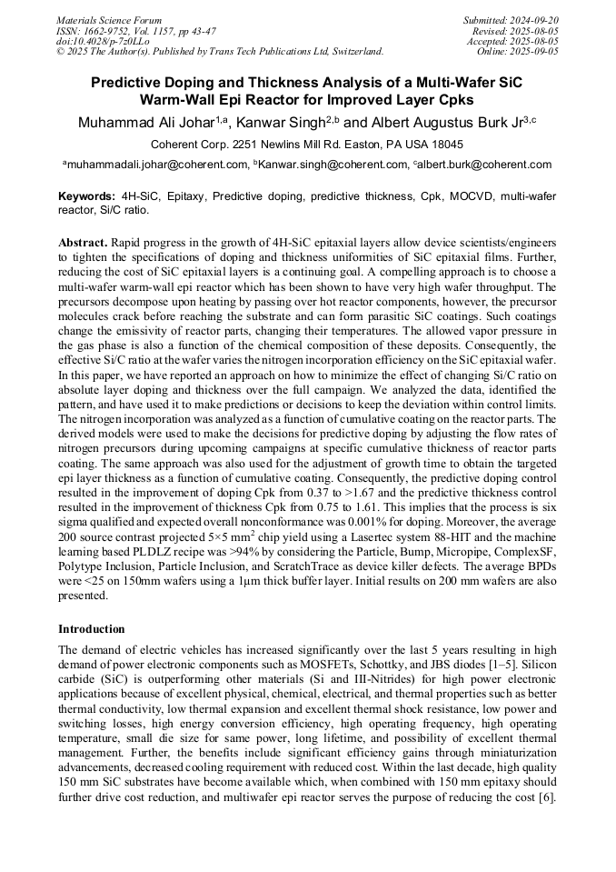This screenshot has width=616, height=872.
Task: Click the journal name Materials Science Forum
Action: [x=109, y=20]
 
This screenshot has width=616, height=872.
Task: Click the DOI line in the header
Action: [x=103, y=41]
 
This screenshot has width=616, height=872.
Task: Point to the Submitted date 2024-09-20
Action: [x=535, y=20]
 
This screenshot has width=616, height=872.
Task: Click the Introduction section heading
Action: [x=92, y=629]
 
